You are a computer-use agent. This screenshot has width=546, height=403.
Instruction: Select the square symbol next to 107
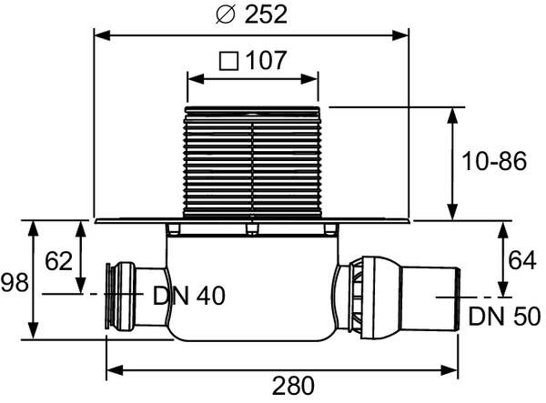228,62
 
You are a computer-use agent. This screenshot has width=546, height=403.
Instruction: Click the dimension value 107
267,62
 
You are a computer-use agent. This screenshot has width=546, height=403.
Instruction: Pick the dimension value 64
521,261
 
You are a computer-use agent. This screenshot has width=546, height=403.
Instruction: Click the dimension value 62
58,261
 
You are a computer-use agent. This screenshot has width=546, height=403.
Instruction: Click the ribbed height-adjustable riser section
252,164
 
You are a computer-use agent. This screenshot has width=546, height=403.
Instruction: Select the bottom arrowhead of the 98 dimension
34,333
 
